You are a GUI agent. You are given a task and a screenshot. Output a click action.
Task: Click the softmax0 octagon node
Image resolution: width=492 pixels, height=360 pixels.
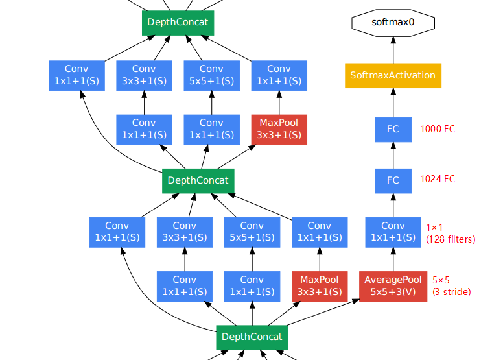(393, 23)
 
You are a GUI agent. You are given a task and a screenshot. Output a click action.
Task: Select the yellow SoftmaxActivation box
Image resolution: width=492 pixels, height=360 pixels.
(393, 75)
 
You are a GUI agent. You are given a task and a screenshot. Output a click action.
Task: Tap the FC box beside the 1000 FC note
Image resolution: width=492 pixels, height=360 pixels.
(393, 129)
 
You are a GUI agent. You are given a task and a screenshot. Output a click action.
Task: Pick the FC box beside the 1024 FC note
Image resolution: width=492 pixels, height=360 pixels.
(393, 180)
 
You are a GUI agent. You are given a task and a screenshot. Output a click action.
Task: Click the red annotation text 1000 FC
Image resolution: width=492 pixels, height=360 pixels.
(438, 129)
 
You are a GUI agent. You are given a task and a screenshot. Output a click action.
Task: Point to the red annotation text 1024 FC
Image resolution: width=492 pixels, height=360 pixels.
(438, 180)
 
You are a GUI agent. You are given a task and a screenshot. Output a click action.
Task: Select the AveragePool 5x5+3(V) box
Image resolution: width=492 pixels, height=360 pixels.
(393, 286)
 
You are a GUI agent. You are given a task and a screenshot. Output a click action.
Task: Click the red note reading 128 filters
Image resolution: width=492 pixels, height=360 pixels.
(451, 239)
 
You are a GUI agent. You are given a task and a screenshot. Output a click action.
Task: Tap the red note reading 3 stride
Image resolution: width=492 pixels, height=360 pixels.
(452, 292)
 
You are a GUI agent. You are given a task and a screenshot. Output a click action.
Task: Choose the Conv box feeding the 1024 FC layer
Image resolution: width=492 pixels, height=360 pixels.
(393, 232)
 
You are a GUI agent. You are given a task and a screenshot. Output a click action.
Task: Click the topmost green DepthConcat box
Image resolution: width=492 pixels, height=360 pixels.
(178, 23)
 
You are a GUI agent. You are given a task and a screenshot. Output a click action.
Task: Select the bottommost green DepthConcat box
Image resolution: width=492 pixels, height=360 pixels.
(252, 337)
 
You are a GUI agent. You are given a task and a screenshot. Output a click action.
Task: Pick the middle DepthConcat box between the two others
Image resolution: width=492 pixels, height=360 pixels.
(198, 180)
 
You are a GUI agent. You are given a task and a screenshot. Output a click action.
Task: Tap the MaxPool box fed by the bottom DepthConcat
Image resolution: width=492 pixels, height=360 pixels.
(319, 286)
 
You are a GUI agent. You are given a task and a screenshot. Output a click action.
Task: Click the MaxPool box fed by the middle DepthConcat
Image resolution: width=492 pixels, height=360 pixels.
(279, 129)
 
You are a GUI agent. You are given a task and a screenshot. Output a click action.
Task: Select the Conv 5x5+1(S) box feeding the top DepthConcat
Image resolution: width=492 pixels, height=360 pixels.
(211, 75)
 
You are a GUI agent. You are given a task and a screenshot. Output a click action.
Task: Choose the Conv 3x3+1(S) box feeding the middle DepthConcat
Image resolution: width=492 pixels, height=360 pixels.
(184, 232)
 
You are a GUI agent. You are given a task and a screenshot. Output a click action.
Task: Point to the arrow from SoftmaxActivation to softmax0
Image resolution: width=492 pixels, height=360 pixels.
(393, 49)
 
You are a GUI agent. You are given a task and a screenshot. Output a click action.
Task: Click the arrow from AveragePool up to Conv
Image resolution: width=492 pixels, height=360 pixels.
(393, 259)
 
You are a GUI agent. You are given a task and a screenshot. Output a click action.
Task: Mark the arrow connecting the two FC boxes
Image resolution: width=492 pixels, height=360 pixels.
(393, 154)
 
